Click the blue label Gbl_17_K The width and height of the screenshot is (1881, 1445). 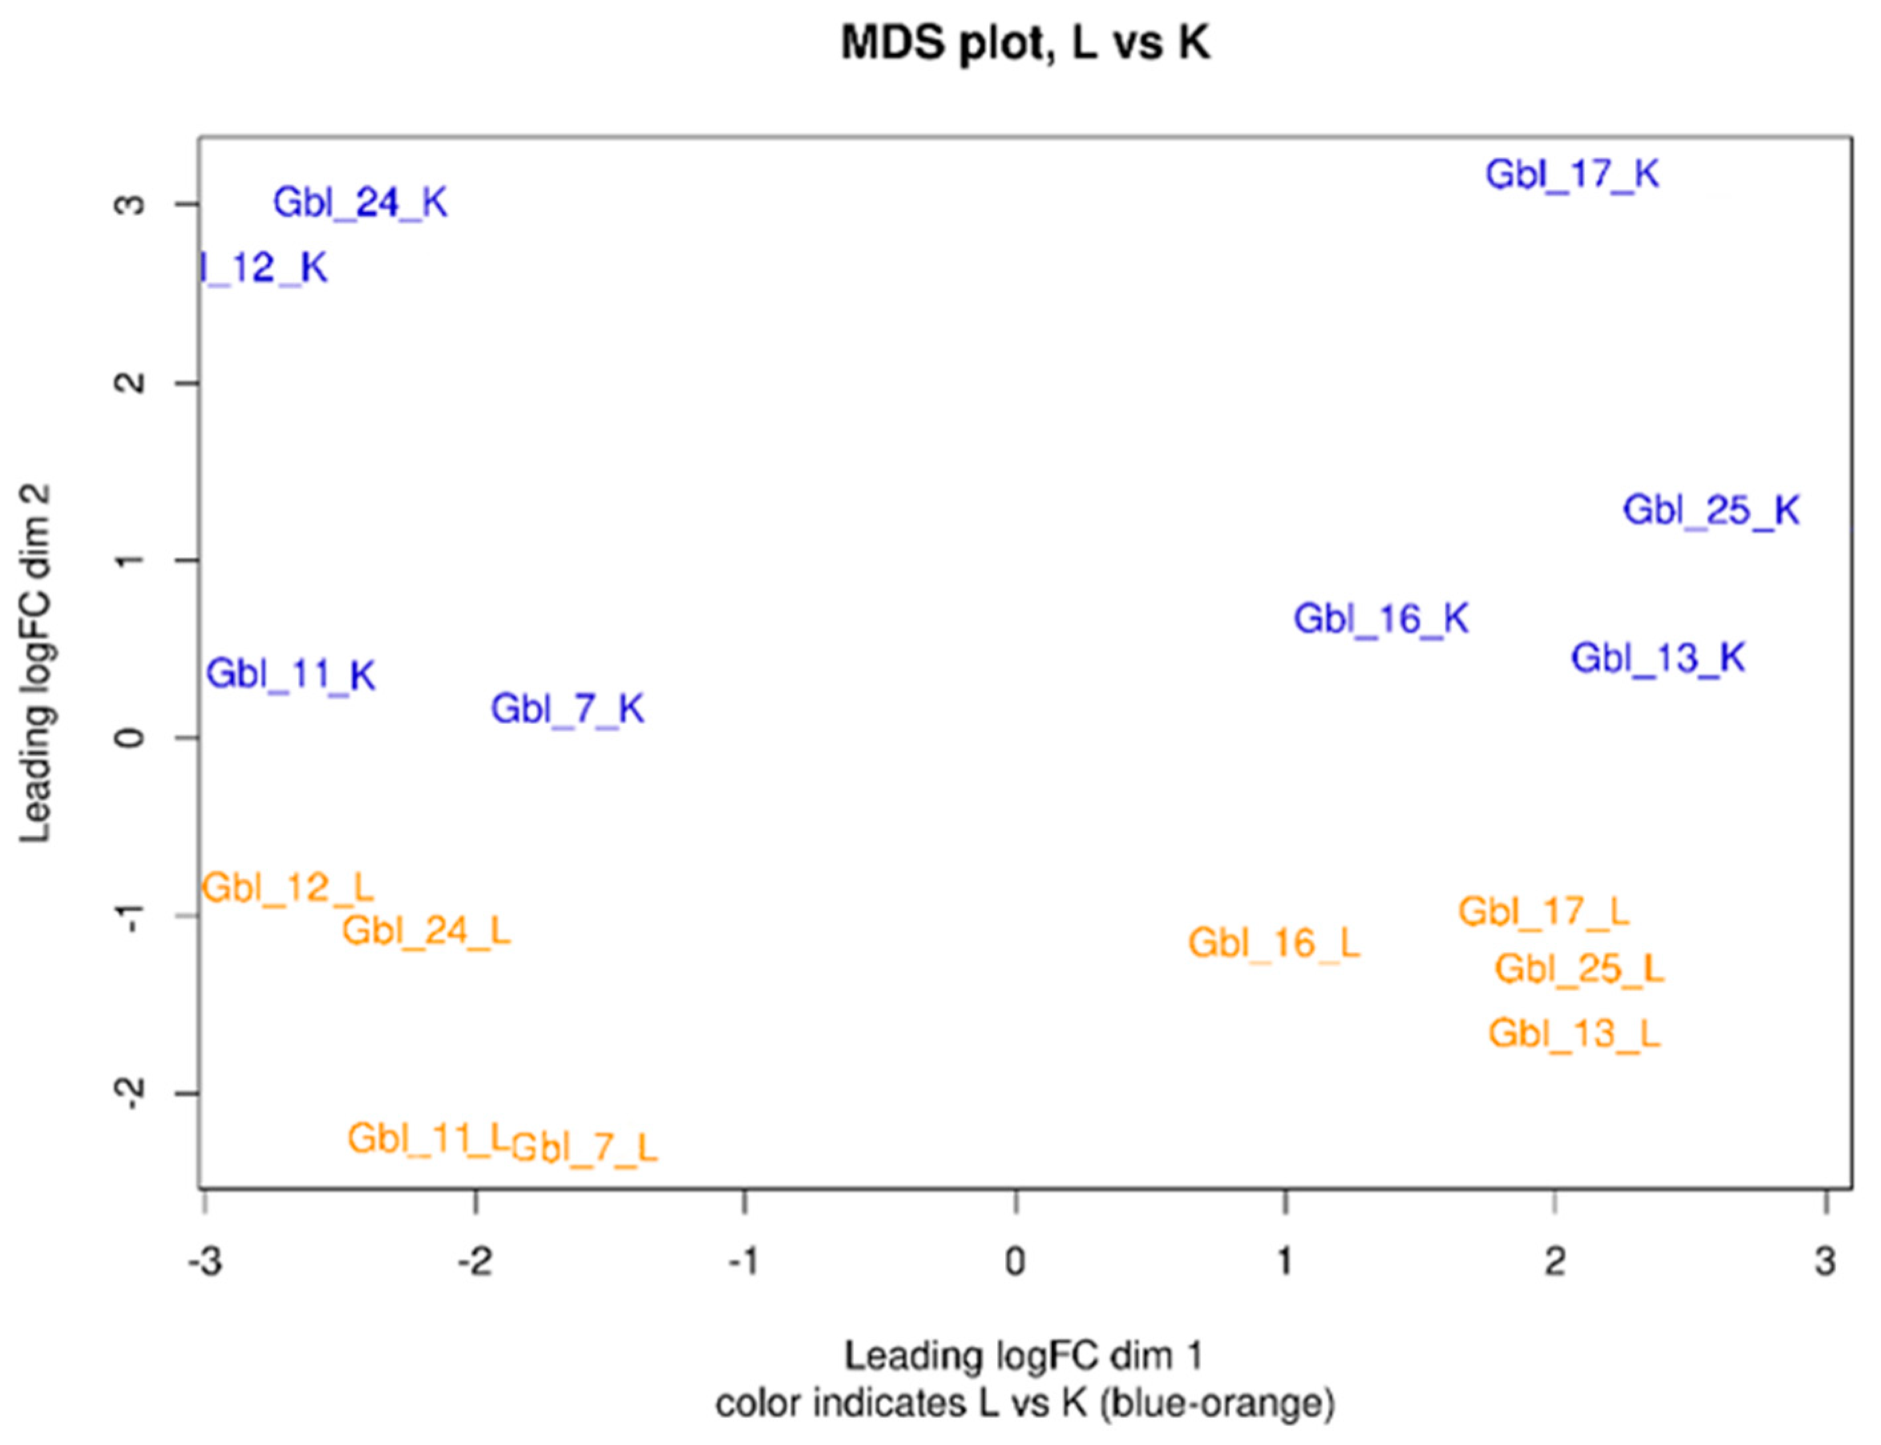click(x=1572, y=175)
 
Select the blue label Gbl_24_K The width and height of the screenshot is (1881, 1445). click(x=361, y=204)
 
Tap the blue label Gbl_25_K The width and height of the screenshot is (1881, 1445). click(x=1711, y=511)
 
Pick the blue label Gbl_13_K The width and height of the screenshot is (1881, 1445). click(x=1658, y=659)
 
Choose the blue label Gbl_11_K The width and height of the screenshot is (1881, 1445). click(x=291, y=674)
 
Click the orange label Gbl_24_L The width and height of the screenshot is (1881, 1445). click(x=426, y=930)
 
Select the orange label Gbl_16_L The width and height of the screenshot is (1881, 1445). click(x=1274, y=944)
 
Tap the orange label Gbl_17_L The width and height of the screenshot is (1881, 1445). click(x=1543, y=912)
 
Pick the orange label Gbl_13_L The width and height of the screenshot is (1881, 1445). click(x=1574, y=1034)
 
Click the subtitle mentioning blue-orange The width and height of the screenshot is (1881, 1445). click(x=1025, y=1404)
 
